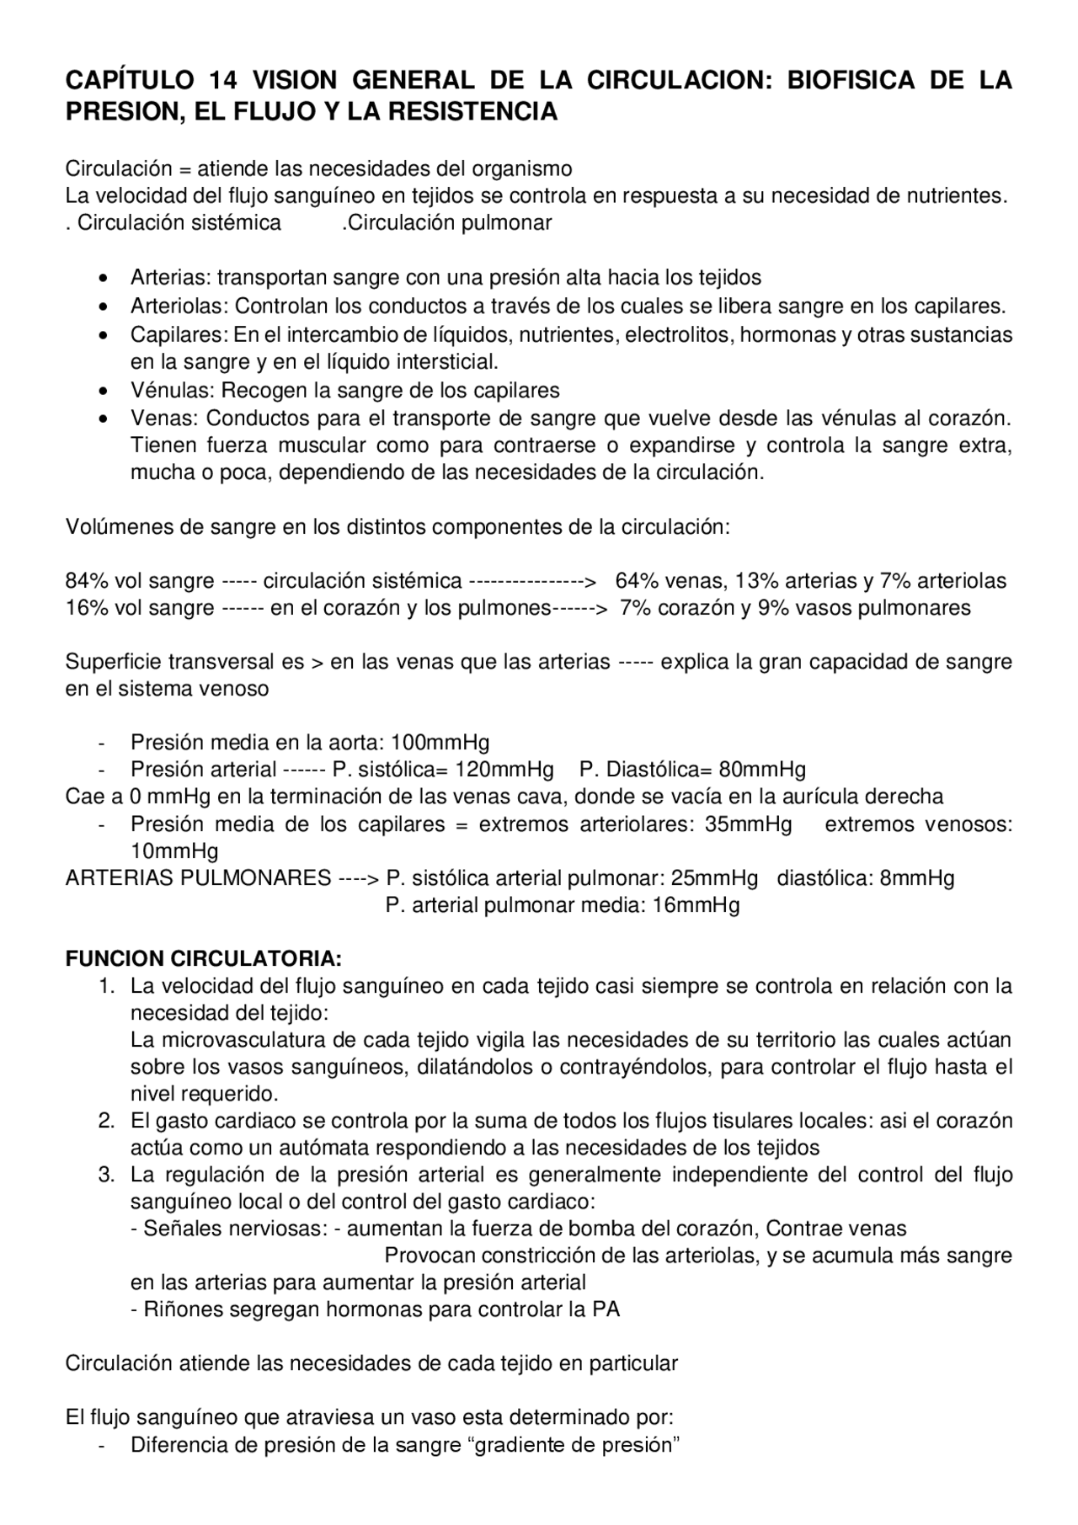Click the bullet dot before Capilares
click(x=103, y=335)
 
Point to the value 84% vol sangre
click(x=140, y=581)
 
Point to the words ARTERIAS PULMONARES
click(x=198, y=879)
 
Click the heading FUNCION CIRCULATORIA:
click(x=204, y=960)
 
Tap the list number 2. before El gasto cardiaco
click(x=106, y=1121)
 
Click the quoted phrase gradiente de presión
click(x=573, y=1446)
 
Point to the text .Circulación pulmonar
click(x=447, y=223)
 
